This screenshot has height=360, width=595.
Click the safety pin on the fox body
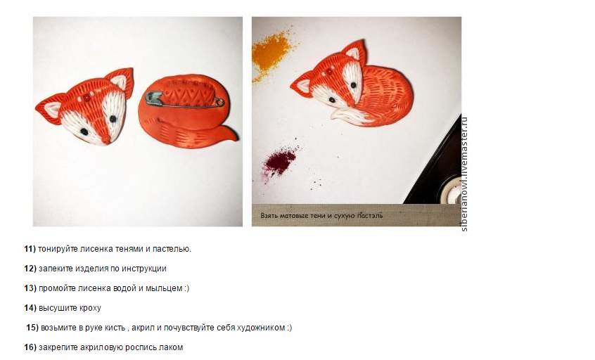[x=185, y=100]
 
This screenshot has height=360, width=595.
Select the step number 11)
[x=30, y=249]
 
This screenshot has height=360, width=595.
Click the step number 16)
[x=30, y=347]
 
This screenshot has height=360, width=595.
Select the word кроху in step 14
[x=90, y=308]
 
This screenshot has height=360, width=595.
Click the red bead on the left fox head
[x=87, y=97]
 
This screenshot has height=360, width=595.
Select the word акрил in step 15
[x=142, y=328]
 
